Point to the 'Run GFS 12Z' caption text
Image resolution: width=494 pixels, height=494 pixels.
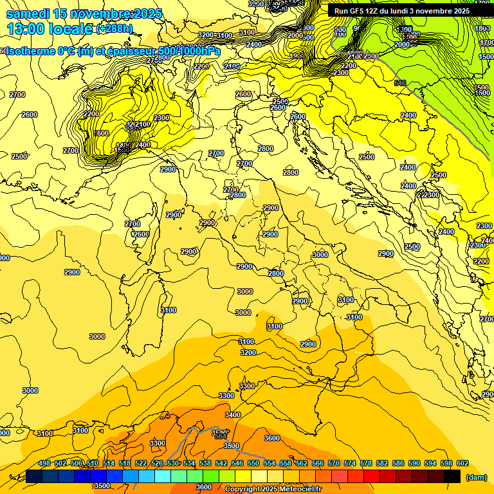pyautogui.click(x=358, y=11)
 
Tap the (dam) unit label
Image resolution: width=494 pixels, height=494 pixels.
pyautogui.click(x=475, y=477)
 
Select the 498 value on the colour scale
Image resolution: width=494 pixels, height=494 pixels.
pyautogui.click(x=44, y=464)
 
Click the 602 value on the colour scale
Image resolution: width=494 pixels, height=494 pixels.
pyautogui.click(x=462, y=464)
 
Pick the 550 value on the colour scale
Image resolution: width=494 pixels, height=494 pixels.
pyautogui.click(x=253, y=464)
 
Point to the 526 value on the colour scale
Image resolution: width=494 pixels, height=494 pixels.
pyautogui.click(x=157, y=464)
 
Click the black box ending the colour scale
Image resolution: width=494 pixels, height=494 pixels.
pyautogui.click(x=452, y=477)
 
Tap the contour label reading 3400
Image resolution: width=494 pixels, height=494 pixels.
pyautogui.click(x=232, y=416)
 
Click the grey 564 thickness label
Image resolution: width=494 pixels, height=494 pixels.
pyautogui.click(x=221, y=435)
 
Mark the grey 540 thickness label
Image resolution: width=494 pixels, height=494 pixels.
pyautogui.click(x=400, y=83)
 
